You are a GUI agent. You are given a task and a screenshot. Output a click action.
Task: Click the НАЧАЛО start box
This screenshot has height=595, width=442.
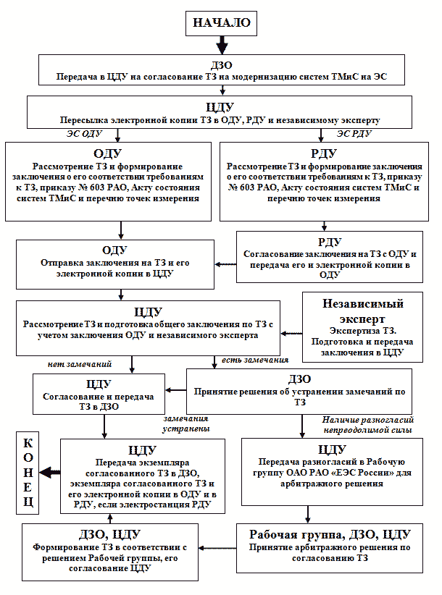click(222, 23)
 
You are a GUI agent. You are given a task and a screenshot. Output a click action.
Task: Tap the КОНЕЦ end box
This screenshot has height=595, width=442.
click(28, 473)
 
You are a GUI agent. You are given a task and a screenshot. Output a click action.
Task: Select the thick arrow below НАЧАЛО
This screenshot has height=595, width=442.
click(222, 45)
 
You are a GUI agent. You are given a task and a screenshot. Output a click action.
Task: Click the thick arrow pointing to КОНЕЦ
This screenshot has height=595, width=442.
click(50, 473)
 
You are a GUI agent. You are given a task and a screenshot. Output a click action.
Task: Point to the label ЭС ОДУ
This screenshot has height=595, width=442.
click(84, 134)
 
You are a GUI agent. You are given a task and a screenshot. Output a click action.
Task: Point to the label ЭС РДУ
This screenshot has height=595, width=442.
click(354, 134)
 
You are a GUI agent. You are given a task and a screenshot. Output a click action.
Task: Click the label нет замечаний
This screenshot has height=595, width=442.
click(80, 364)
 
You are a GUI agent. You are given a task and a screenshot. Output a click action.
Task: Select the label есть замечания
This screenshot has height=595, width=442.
click(255, 360)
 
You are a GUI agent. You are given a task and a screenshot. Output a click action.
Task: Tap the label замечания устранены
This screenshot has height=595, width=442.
click(186, 423)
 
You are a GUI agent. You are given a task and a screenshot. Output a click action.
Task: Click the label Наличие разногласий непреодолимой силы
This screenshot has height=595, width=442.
click(367, 425)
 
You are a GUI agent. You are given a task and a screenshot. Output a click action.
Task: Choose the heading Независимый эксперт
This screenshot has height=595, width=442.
click(362, 311)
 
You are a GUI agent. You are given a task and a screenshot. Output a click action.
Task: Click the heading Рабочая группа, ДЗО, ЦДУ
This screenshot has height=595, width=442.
click(330, 534)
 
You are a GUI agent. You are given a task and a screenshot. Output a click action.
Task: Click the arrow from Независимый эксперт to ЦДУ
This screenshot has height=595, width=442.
click(291, 334)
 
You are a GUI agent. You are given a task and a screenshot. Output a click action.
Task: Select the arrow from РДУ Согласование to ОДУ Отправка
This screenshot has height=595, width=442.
click(225, 264)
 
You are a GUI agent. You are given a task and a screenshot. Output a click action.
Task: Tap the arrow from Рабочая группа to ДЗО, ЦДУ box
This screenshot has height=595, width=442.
click(217, 548)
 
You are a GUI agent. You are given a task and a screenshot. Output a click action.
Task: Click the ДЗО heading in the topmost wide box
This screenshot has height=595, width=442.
click(222, 65)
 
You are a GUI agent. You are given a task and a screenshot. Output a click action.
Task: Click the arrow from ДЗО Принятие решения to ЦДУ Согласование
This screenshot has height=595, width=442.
click(176, 389)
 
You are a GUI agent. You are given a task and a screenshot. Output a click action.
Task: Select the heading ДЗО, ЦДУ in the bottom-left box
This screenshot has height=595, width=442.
click(109, 534)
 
